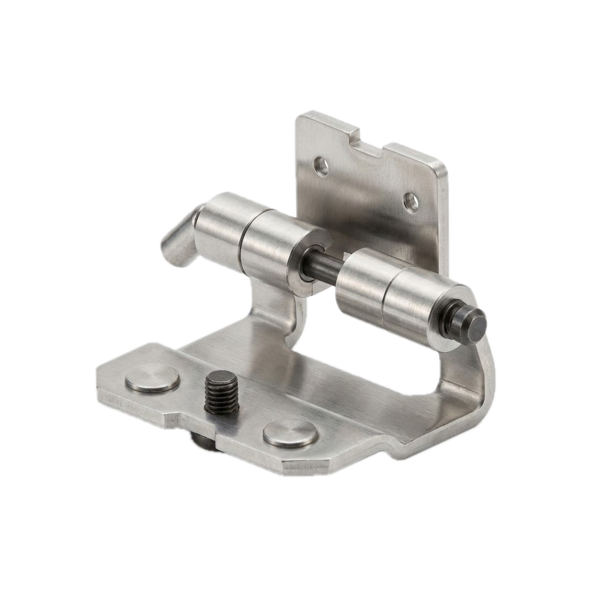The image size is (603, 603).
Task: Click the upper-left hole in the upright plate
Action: (x=321, y=167)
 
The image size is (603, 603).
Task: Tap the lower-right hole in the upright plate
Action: (x=411, y=202)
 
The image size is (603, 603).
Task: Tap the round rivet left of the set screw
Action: (x=152, y=378)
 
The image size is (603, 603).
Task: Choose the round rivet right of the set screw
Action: (x=290, y=433)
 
